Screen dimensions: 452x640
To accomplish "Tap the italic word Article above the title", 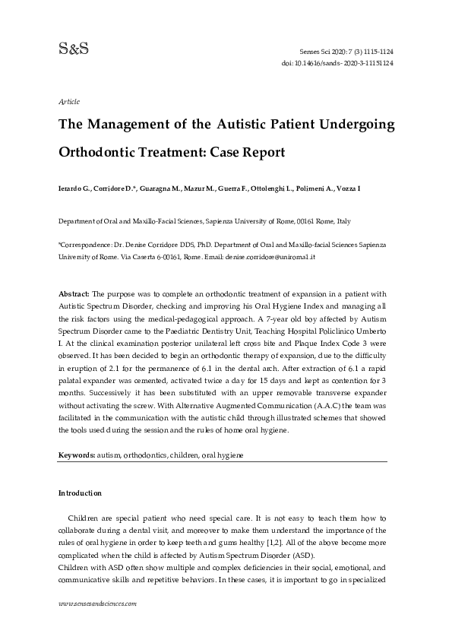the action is click(x=69, y=101).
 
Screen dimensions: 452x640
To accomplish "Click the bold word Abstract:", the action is click(x=74, y=293).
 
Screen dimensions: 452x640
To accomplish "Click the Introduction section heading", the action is click(x=80, y=493).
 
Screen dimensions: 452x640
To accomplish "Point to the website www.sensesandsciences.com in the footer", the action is click(x=97, y=604).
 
